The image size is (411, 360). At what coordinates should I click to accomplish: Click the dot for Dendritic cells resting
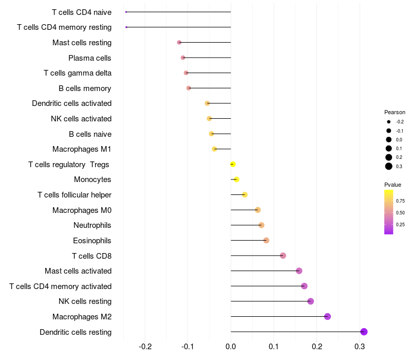tap(364, 332)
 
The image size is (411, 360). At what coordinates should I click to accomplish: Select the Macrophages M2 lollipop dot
tap(327, 316)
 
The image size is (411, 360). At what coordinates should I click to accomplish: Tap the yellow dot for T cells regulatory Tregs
tap(233, 164)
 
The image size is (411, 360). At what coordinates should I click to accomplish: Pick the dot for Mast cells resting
tap(179, 43)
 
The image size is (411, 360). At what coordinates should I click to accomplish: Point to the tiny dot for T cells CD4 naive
tap(126, 12)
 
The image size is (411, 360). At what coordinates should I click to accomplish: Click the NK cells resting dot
tap(311, 301)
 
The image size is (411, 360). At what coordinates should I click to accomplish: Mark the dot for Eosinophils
tap(266, 240)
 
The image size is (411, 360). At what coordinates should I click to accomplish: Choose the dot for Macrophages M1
tap(214, 149)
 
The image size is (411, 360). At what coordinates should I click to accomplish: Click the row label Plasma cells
tap(89, 58)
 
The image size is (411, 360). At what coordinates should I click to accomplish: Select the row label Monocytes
tap(92, 179)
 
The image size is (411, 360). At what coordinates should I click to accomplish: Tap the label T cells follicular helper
tap(74, 195)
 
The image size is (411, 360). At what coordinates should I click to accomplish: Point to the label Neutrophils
tap(92, 225)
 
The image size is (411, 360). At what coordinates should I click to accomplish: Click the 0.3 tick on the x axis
tap(360, 347)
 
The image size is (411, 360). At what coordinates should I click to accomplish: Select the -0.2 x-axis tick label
tap(145, 347)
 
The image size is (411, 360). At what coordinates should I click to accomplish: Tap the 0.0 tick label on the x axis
tap(231, 347)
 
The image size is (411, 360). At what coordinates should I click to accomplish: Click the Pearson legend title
tap(395, 112)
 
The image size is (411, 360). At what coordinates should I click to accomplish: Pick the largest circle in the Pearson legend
tap(389, 166)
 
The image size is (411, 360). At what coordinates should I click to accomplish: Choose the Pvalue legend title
tap(393, 185)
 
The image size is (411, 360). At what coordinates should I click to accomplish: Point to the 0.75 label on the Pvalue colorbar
tap(400, 201)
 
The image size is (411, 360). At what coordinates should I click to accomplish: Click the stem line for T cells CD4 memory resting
tap(178, 27)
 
